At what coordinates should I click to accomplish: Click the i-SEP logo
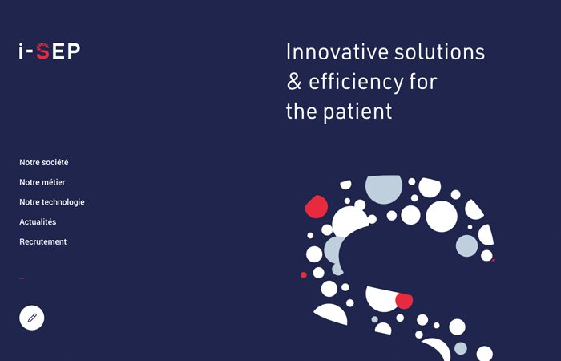[50, 51]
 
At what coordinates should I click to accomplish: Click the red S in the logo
[43, 51]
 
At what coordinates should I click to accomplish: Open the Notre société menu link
[43, 162]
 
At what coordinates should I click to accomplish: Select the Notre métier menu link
[42, 182]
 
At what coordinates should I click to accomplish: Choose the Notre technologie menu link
[52, 202]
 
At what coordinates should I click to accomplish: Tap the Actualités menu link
[38, 222]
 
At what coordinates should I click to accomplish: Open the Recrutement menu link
[43, 241]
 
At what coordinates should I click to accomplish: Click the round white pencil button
[32, 318]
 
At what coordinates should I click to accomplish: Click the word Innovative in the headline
[337, 51]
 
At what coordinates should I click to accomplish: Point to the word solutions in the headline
[440, 51]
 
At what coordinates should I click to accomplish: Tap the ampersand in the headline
[294, 81]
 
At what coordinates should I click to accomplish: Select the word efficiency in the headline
[356, 83]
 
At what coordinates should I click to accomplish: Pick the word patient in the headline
[357, 112]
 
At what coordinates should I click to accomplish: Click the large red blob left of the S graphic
[317, 207]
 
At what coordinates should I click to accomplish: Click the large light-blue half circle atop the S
[384, 189]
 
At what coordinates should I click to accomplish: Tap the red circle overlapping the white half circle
[404, 301]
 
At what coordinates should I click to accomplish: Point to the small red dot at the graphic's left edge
[304, 274]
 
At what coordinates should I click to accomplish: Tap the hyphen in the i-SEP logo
[30, 53]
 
